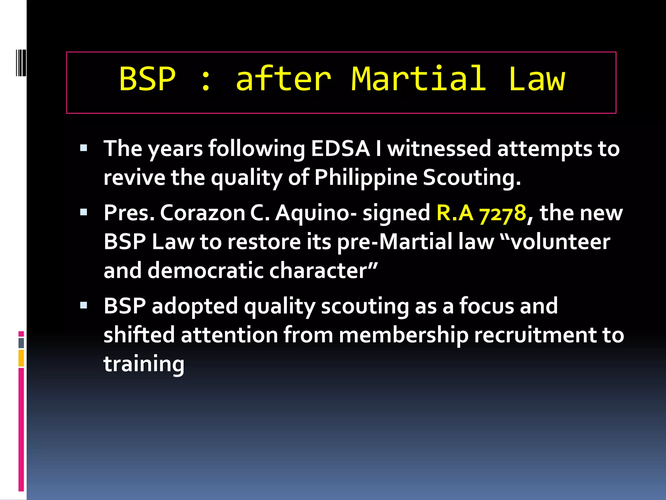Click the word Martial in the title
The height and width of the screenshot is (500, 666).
pyautogui.click(x=419, y=79)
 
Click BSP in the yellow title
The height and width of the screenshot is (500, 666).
pyautogui.click(x=147, y=79)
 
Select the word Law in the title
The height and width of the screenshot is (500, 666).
pyautogui.click(x=537, y=79)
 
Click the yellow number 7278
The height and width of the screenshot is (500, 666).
pyautogui.click(x=503, y=214)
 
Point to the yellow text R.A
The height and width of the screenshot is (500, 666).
pyautogui.click(x=455, y=213)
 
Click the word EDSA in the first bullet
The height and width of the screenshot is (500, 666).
pyautogui.click(x=340, y=148)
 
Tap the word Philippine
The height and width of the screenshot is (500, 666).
pyautogui.click(x=366, y=178)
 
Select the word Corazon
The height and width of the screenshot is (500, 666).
pyautogui.click(x=202, y=213)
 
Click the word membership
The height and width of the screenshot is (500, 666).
pyautogui.click(x=404, y=335)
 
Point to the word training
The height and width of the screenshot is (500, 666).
pyautogui.click(x=144, y=364)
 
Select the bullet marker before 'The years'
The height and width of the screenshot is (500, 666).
pyautogui.click(x=84, y=148)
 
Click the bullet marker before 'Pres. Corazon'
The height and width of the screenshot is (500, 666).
pyautogui.click(x=84, y=213)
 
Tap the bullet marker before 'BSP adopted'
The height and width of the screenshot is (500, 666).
pyautogui.click(x=84, y=305)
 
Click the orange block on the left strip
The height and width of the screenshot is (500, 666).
pyautogui.click(x=21, y=358)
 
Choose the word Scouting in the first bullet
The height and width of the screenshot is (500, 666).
pyautogui.click(x=472, y=178)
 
